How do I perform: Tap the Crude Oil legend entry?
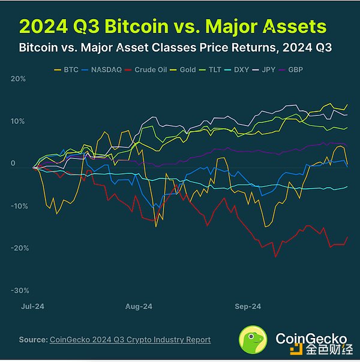(150, 70)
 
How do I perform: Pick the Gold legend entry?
(187, 70)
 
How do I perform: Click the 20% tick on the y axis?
(18, 79)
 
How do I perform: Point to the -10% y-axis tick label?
(20, 206)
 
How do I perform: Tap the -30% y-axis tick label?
(20, 290)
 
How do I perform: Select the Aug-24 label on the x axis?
(139, 306)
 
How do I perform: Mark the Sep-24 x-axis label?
(247, 306)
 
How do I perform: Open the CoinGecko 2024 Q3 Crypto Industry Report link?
(130, 340)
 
